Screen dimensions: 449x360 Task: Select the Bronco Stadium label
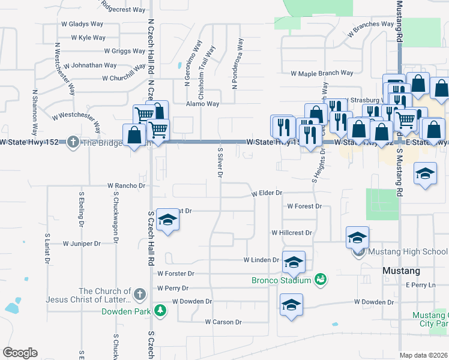point(281,280)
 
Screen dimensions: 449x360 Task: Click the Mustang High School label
point(408,251)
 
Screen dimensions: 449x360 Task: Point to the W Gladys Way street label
point(82,24)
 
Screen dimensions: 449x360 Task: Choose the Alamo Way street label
point(202,104)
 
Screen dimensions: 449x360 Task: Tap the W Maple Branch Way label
point(322,73)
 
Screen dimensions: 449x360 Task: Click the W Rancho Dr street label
point(127,186)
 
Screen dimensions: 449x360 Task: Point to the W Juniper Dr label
point(82,244)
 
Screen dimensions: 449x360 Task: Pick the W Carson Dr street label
point(223,322)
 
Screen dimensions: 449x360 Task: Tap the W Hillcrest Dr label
point(292,232)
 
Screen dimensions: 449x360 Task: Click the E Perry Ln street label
point(420,285)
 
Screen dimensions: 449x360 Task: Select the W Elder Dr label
point(267,194)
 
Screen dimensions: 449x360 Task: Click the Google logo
point(20,353)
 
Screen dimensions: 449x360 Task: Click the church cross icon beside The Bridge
point(73,142)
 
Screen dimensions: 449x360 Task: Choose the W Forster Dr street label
point(176,274)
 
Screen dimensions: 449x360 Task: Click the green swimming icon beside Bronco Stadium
point(321,279)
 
